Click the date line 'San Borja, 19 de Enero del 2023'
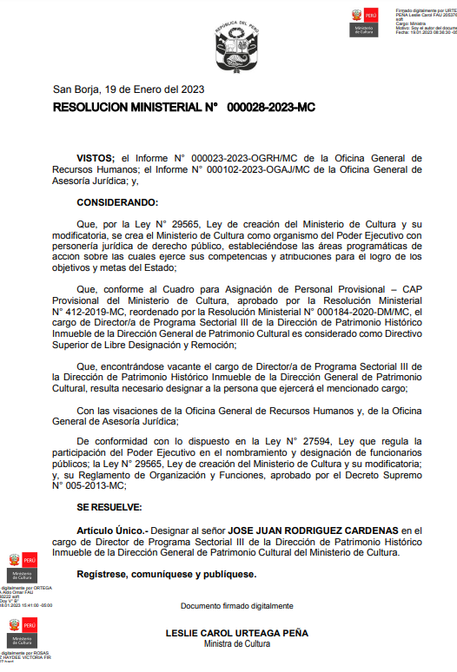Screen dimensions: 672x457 [129, 89]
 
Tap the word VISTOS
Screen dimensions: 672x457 [96, 158]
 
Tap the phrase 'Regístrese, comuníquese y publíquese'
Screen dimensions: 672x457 [166, 575]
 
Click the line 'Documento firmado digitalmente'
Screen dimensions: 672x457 [236, 605]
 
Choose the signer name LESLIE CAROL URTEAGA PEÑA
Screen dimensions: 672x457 [236, 634]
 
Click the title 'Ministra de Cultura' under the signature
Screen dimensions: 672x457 [236, 644]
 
